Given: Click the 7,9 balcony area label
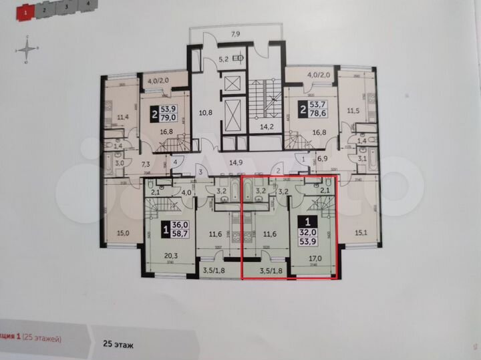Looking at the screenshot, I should (236, 33).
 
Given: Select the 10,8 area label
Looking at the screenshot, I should (206, 113).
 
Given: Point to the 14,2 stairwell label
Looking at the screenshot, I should (267, 126).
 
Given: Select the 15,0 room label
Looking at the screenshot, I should (122, 234).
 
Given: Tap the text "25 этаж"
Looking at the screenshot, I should (118, 345).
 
